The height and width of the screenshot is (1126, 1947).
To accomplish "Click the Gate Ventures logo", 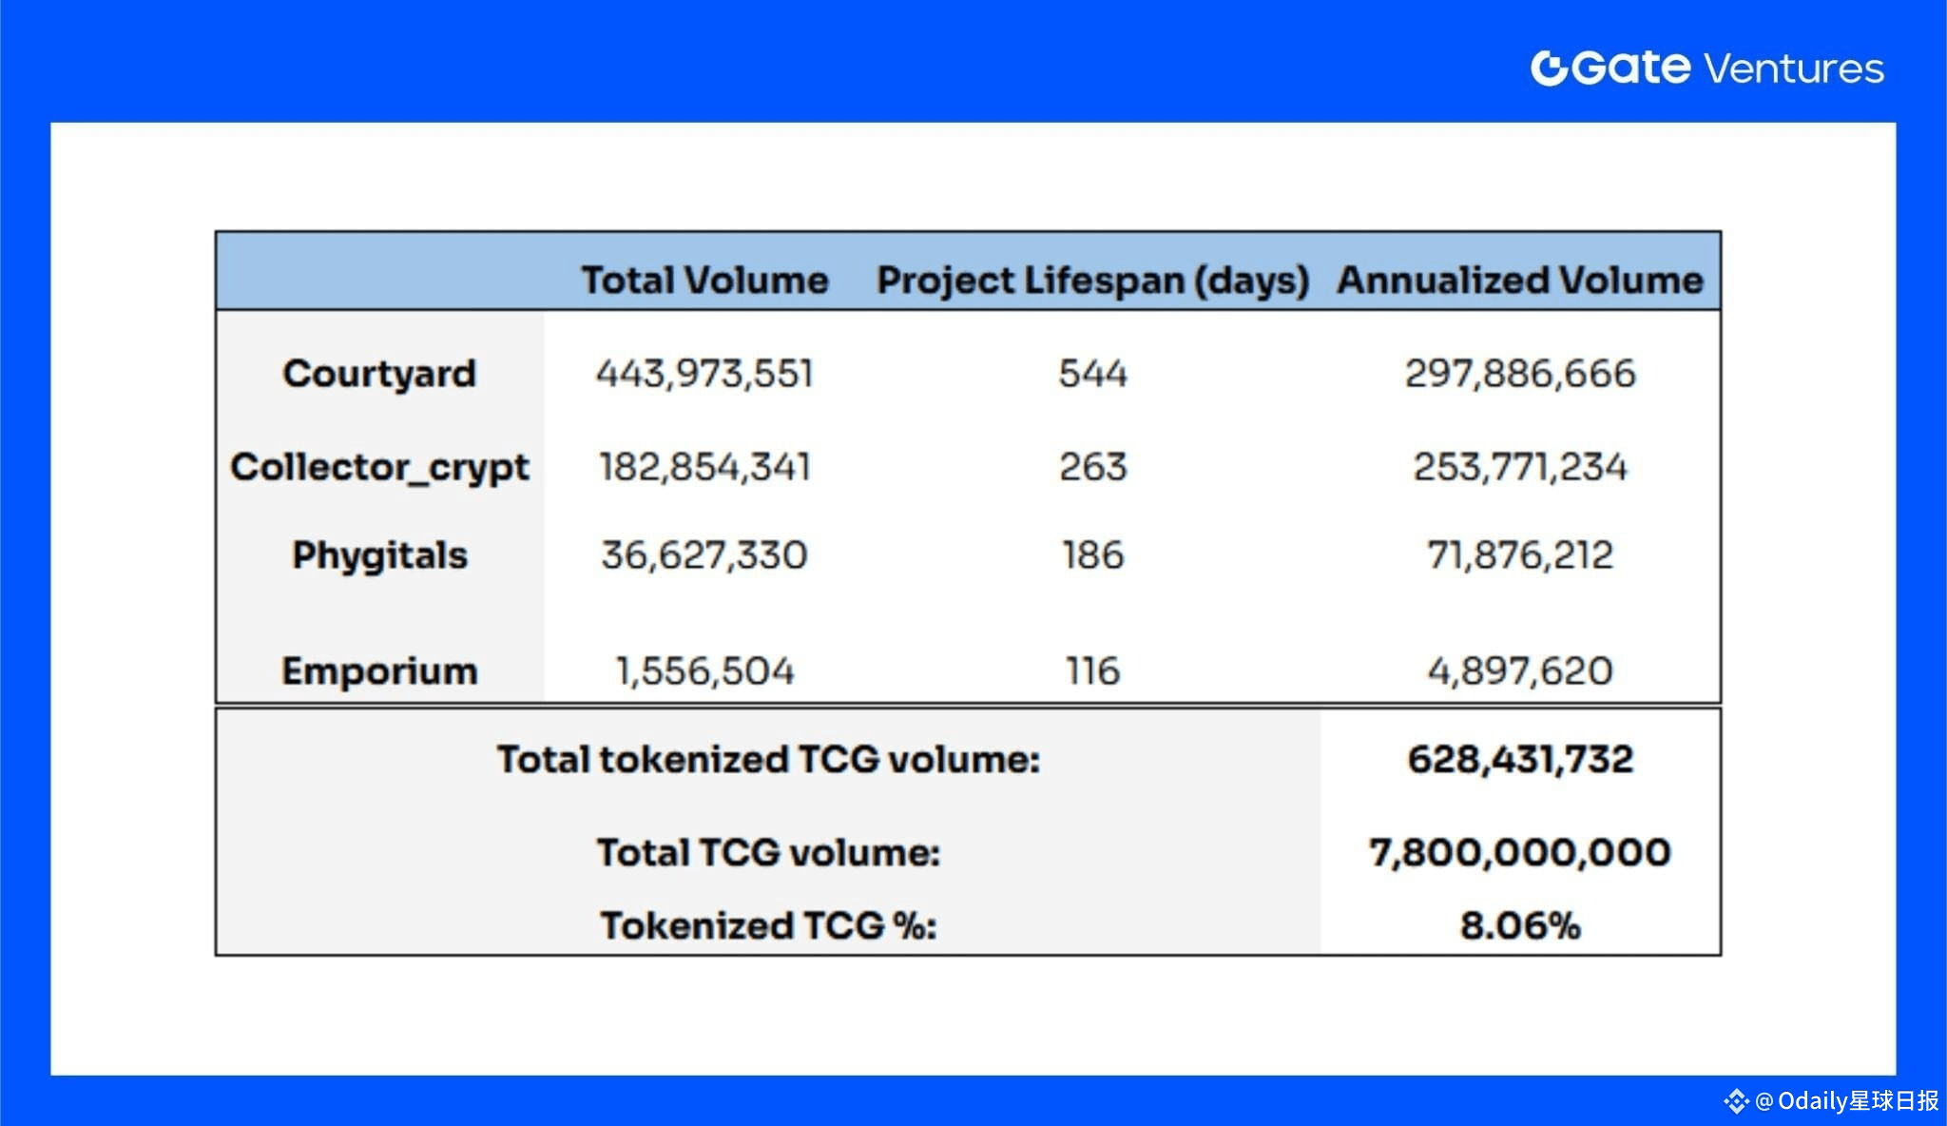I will [1706, 68].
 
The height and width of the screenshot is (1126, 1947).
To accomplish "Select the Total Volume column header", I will [704, 280].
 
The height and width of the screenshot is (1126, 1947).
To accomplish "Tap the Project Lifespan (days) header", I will [1092, 280].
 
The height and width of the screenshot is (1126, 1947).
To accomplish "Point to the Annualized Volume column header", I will [1519, 280].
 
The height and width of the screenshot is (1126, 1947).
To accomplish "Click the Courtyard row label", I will [379, 373].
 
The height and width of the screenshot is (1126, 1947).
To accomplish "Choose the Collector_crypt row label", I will [379, 467].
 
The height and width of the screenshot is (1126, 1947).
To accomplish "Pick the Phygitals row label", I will [379, 554].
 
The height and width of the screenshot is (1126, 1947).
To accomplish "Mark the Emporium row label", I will [379, 670].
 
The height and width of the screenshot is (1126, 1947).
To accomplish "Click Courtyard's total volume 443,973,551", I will [704, 373].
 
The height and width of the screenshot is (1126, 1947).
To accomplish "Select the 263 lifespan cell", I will [1092, 467].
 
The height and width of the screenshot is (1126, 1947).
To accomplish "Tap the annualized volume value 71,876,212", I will [1519, 554].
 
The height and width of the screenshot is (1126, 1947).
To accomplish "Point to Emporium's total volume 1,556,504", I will [704, 670].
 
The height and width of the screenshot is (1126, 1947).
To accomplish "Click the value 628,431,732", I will [1519, 759].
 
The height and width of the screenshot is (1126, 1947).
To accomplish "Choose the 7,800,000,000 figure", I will [1519, 852].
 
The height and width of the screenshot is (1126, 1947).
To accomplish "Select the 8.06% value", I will [1519, 925].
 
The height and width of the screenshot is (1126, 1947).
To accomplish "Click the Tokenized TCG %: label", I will [768, 925].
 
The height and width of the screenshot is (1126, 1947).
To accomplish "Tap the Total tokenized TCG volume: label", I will [768, 759].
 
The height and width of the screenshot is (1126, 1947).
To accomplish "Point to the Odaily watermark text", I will [1844, 1100].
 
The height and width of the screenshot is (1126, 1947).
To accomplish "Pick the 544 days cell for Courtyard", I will [1092, 373].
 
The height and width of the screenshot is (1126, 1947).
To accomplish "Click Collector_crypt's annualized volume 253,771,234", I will [1519, 467].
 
